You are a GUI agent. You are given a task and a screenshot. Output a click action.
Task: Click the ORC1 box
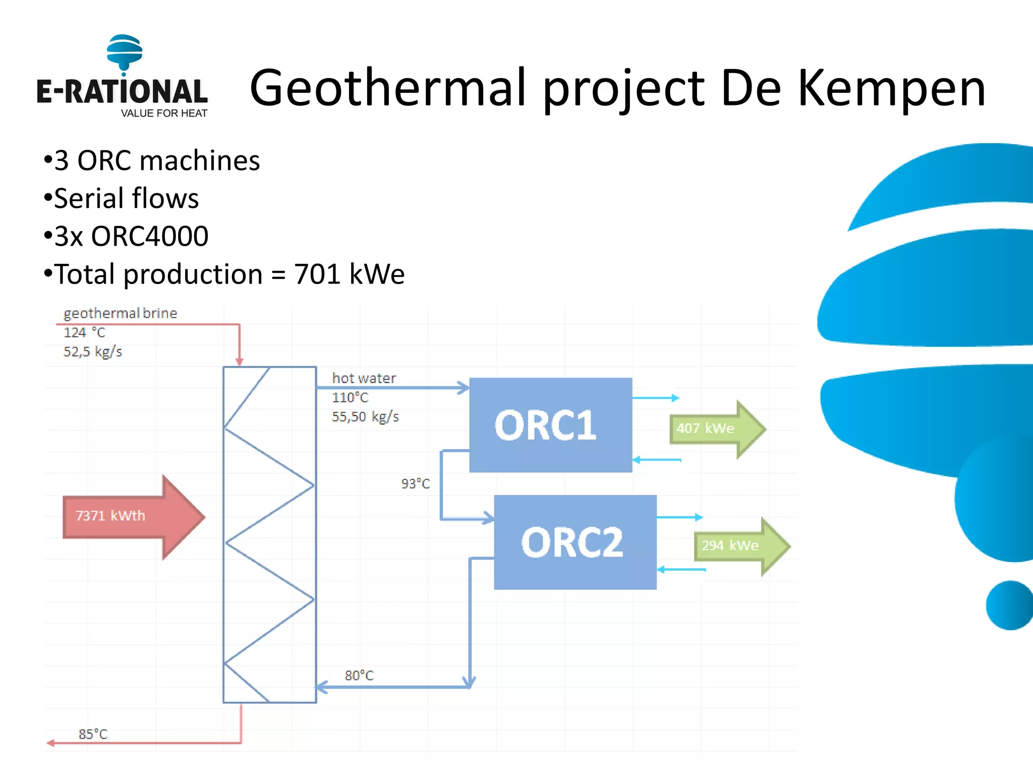(x=550, y=425)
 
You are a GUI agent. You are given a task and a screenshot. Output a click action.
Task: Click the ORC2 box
(x=575, y=542)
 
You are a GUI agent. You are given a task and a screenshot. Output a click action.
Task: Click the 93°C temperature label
(x=416, y=484)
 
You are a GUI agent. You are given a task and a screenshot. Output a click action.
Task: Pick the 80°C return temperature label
(x=359, y=676)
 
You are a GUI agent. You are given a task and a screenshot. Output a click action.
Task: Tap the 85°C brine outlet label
(x=93, y=734)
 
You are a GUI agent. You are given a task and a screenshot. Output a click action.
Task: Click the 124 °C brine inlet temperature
(x=84, y=333)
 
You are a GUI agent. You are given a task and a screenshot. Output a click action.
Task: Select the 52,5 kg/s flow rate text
(x=93, y=352)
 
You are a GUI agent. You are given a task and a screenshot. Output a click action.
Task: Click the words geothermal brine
(x=120, y=313)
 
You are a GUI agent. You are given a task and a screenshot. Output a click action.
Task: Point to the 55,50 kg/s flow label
(x=365, y=417)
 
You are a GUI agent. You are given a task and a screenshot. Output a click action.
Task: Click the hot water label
(x=364, y=378)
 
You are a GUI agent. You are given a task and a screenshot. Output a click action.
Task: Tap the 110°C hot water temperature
(x=350, y=398)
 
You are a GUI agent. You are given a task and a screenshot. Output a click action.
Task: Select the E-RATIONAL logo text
(x=122, y=92)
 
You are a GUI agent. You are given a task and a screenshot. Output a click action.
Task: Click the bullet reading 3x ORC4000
(x=131, y=236)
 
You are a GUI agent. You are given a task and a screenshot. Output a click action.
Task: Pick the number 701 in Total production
(x=317, y=274)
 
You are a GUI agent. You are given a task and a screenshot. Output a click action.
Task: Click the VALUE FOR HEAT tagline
(x=164, y=114)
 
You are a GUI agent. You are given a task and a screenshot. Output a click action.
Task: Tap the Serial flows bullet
(x=126, y=198)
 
